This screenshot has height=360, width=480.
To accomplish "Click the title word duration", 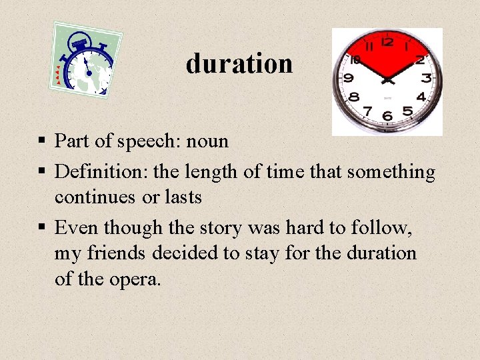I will point(239,64).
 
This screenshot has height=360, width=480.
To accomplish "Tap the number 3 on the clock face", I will point(426,78).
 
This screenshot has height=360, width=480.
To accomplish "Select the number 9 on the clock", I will point(347,78).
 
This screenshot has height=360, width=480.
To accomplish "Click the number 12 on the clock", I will point(387,41).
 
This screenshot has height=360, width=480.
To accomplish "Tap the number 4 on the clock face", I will point(421,97).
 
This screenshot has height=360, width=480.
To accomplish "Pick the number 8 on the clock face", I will point(354,97).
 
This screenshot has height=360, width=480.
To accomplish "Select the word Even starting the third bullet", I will point(75,228).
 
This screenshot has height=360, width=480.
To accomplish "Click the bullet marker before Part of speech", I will point(41,141).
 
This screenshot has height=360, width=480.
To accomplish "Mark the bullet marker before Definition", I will point(41,172).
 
